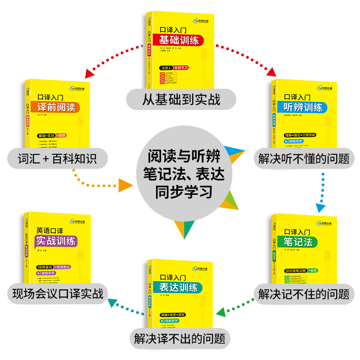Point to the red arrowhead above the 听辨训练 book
(272, 72)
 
